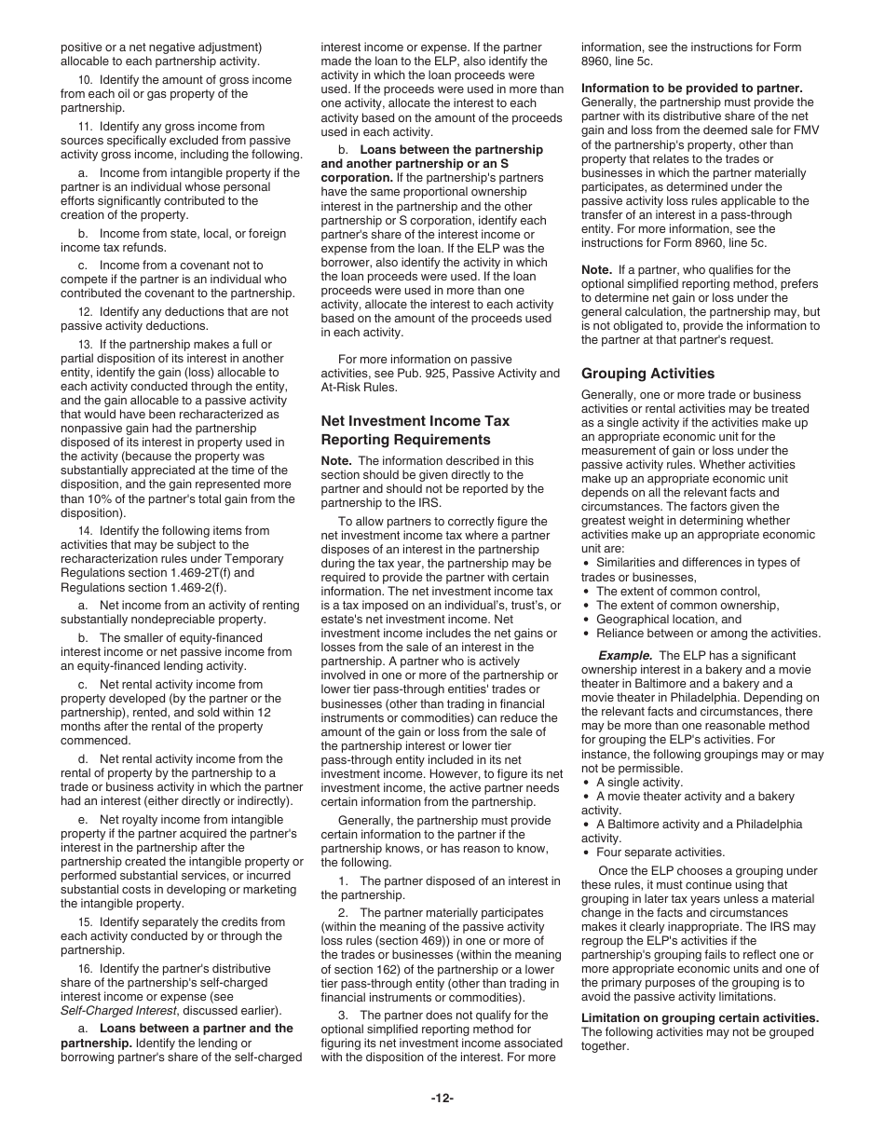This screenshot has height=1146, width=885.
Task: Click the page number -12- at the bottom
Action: coord(442,1098)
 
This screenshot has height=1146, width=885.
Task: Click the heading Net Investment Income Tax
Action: coord(415,421)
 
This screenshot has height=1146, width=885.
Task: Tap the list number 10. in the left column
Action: coord(85,80)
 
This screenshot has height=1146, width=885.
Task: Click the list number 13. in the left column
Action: coord(85,345)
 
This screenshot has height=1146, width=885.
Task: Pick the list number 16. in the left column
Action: coord(85,969)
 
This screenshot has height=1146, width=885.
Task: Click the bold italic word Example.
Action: coord(624,656)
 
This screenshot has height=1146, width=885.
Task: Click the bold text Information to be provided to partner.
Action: coord(691,89)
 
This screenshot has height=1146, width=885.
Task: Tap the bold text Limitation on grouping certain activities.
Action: coord(700,1017)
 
